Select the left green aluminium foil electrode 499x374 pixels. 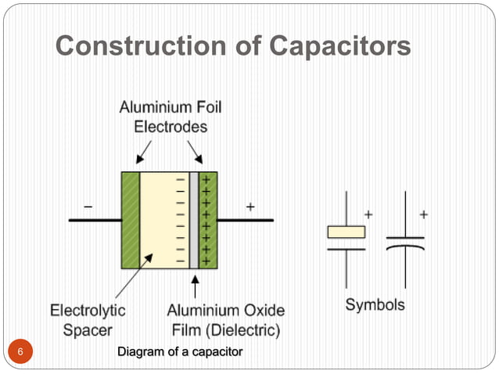pos(130,220)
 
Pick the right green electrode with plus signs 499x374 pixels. pos(208,220)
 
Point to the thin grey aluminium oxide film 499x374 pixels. pos(194,220)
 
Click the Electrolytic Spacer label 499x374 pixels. pos(88,320)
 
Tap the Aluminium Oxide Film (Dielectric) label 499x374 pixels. pos(226,320)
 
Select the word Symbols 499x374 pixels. pos(375,304)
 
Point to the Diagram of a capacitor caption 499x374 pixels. pos(180,352)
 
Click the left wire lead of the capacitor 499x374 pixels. pos(94,220)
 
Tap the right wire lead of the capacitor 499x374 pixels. pos(245,220)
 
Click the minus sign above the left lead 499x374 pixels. pos(88,207)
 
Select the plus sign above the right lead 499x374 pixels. pos(250,207)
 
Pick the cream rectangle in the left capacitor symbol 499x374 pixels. pos(346,232)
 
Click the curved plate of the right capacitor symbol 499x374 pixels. pos(405,248)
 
